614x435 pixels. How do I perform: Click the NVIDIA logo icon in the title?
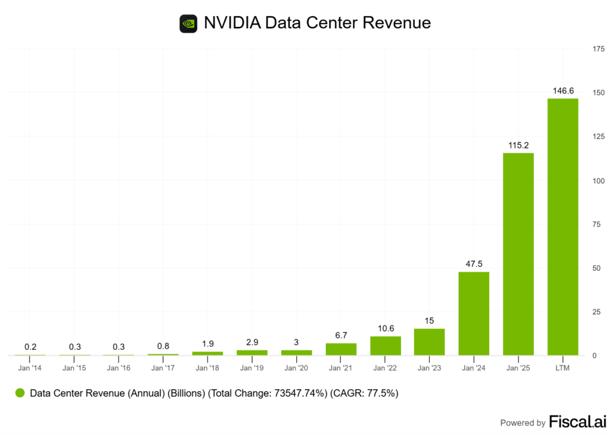pos(188,23)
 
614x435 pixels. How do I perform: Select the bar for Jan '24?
pos(474,313)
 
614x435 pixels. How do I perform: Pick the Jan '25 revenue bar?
pos(518,254)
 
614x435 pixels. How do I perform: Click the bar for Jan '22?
pos(386,346)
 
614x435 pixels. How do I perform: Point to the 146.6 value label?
pos(562,91)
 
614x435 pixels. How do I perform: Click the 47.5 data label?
pos(474,264)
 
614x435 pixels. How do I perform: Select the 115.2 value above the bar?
pos(518,145)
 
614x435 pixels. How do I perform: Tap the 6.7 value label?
pos(341,335)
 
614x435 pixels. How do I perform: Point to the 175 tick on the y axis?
pos(598,49)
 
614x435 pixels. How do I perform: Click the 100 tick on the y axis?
pos(598,181)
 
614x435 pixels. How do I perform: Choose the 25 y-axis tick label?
pos(596,312)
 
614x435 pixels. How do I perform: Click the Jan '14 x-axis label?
pos(30,368)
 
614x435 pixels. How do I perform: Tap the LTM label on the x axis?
pos(562,368)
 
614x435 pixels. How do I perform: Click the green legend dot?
pos(20,394)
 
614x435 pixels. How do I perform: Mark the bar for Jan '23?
pos(429,342)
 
